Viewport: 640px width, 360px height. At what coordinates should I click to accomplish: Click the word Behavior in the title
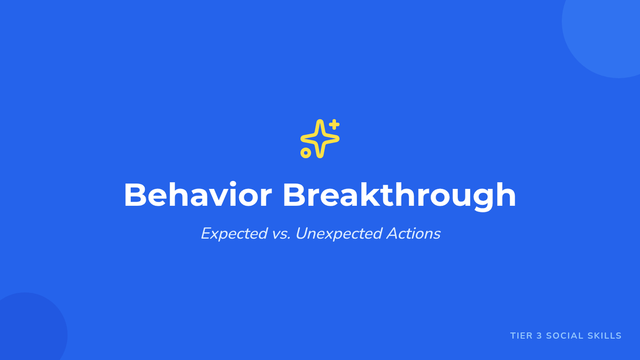(198, 195)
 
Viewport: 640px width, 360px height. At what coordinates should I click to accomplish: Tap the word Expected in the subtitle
(234, 234)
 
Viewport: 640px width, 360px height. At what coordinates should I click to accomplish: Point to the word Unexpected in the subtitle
(339, 234)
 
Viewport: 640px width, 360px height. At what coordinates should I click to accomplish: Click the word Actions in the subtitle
(413, 234)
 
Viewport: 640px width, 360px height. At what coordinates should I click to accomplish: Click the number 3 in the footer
(539, 335)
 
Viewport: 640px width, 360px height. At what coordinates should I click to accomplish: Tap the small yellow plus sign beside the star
(334, 125)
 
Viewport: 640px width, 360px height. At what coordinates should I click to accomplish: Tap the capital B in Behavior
(135, 195)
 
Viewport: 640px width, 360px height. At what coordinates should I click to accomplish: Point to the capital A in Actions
(393, 234)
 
